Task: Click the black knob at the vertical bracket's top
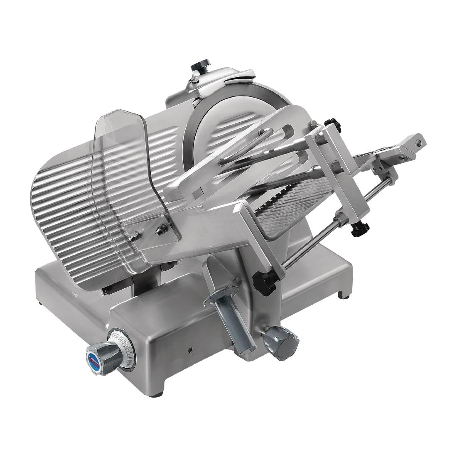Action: click(x=332, y=121)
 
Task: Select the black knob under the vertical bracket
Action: click(x=359, y=228)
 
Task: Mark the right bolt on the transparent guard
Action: click(x=159, y=228)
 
